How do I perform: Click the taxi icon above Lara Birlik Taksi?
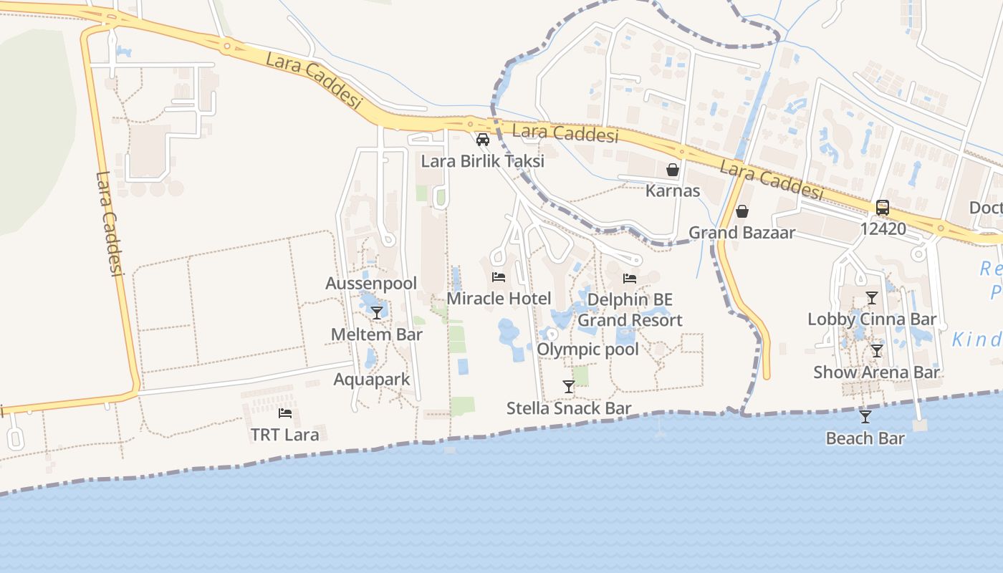483,139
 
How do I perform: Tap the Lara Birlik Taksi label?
482,161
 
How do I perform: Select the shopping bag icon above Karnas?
673,170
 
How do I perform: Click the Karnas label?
673,191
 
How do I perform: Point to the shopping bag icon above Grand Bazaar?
742,211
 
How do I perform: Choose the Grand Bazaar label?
742,233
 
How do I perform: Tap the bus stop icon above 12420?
883,208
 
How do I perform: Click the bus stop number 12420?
883,229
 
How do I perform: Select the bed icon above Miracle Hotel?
499,277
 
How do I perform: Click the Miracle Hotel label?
499,299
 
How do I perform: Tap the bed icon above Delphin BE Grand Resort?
630,279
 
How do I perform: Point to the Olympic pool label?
587,350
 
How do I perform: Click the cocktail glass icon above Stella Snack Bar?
569,387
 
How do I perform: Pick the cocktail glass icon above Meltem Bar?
377,313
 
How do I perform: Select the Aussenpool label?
371,284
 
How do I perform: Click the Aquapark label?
372,380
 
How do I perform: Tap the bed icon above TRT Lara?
285,413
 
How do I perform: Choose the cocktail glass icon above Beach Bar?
865,417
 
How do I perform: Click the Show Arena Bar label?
875,372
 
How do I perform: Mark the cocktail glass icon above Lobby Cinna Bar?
872,298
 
